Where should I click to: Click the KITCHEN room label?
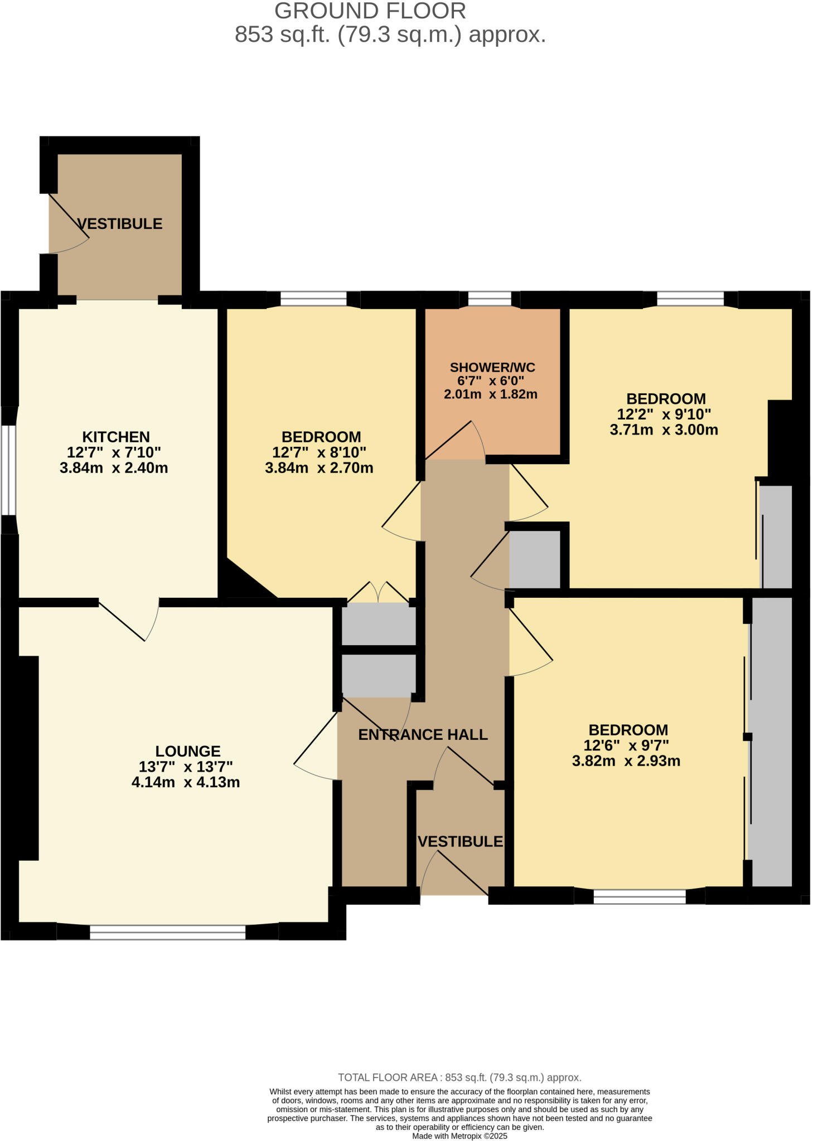pos(116,437)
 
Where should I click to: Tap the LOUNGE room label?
pos(187,751)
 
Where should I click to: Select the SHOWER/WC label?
pos(492,367)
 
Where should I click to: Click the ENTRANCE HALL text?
pos(422,735)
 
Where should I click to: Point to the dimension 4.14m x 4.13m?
pos(185,782)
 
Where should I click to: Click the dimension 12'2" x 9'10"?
pos(664,415)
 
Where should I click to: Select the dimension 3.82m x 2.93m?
pos(626,761)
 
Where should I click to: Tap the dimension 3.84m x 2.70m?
pos(319,468)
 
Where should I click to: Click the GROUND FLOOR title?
pos(370,11)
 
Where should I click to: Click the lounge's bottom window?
pos(167,932)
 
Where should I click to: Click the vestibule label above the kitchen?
pos(120,224)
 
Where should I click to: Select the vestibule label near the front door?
pos(460,841)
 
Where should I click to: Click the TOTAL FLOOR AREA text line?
pos(459,1077)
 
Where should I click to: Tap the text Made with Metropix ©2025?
pos(459,1135)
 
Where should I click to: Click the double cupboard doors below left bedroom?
pos(379,593)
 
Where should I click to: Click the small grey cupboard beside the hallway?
pos(534,559)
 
